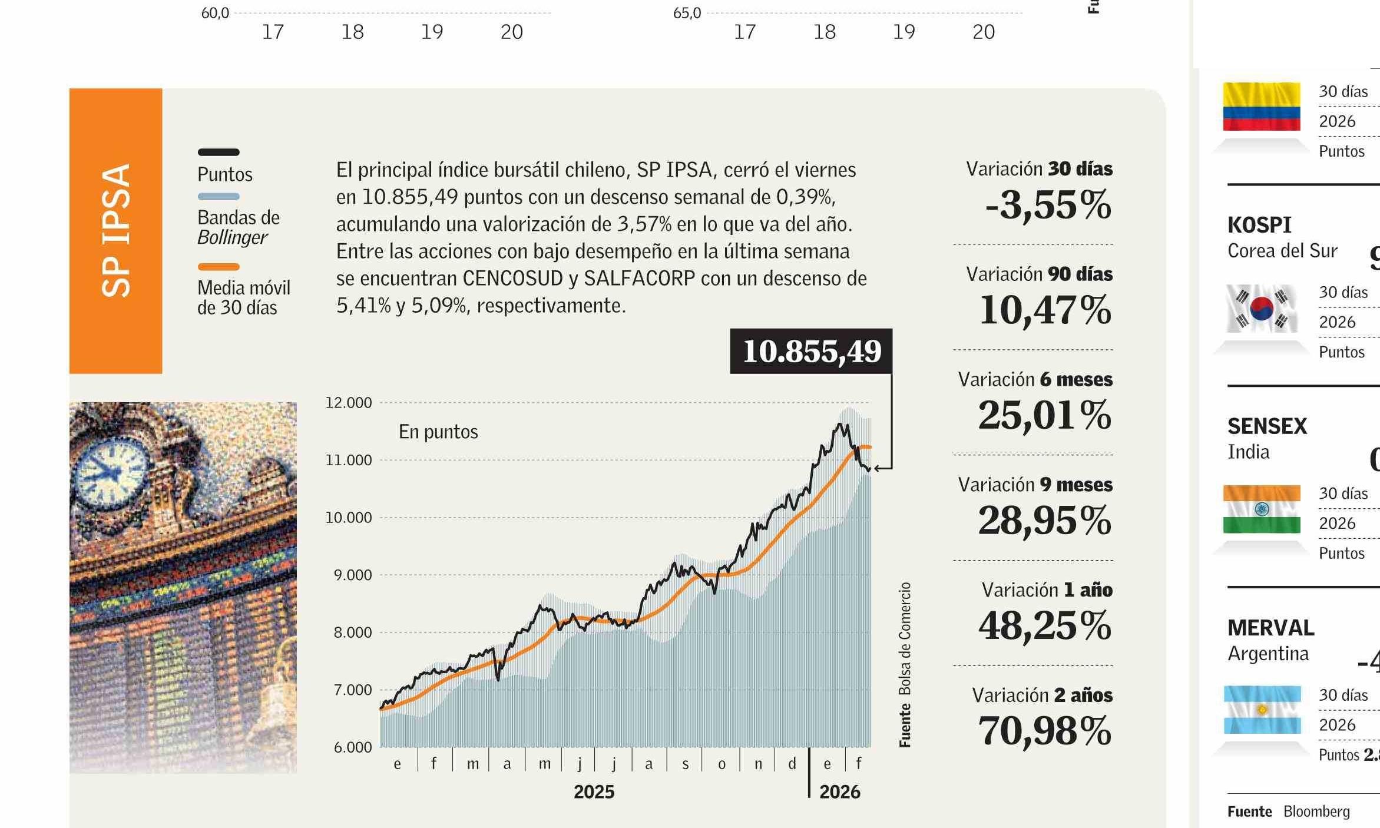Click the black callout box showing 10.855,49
811,351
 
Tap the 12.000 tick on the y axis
349,403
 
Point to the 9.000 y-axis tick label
353,575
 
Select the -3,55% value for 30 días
1048,206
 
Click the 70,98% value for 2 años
1044,731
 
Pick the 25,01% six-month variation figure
1044,415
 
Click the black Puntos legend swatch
219,152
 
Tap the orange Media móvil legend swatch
219,267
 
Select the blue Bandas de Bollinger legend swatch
219,197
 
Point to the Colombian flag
1261,107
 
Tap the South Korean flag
1261,308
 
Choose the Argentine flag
1262,710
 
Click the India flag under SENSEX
1261,509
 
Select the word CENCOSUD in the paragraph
512,279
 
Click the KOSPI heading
1259,225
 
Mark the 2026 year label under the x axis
839,792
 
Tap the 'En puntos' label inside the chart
438,432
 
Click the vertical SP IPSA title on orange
116,230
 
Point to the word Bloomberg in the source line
1316,812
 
